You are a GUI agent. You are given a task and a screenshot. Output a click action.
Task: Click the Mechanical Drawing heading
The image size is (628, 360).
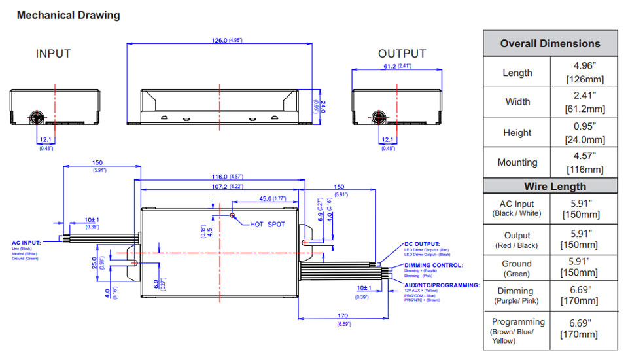point(69,15)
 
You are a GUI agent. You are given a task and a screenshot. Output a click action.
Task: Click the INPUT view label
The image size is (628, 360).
point(53,54)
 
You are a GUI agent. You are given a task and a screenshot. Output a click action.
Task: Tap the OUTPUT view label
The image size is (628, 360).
point(402,54)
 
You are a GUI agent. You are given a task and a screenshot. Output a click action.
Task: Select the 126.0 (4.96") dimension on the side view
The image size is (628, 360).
point(224,41)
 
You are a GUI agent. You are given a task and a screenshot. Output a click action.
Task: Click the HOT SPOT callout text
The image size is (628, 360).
point(268,225)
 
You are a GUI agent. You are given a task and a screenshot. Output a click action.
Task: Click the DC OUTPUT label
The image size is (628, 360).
point(422,244)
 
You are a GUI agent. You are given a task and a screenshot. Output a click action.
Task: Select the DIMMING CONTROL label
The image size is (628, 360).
point(433,265)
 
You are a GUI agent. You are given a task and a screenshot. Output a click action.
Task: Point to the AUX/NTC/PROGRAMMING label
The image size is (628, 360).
point(442,285)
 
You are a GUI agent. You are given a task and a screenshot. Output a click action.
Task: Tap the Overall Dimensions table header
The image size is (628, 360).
point(549,44)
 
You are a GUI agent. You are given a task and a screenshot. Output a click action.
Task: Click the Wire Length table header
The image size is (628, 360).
point(549,186)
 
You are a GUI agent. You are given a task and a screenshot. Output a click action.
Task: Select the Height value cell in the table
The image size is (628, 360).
point(584,132)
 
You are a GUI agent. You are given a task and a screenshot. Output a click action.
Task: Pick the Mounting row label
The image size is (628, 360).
point(517,162)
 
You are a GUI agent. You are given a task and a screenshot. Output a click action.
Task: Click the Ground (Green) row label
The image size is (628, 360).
point(517,268)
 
